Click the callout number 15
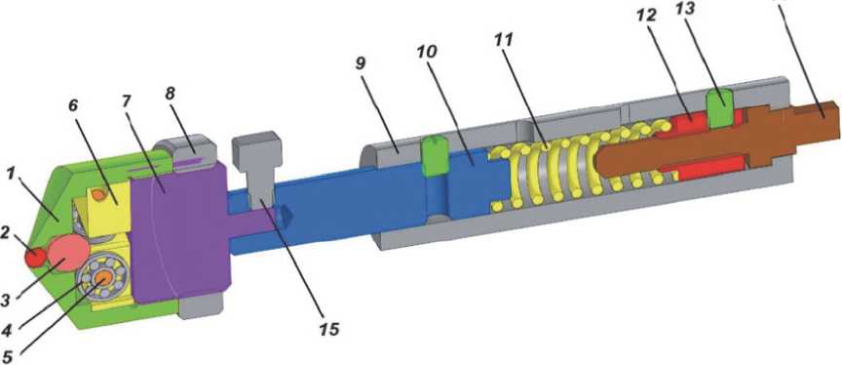tap(328, 329)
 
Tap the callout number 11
tap(504, 39)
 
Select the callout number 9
tap(361, 63)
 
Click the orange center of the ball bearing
tap(101, 277)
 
